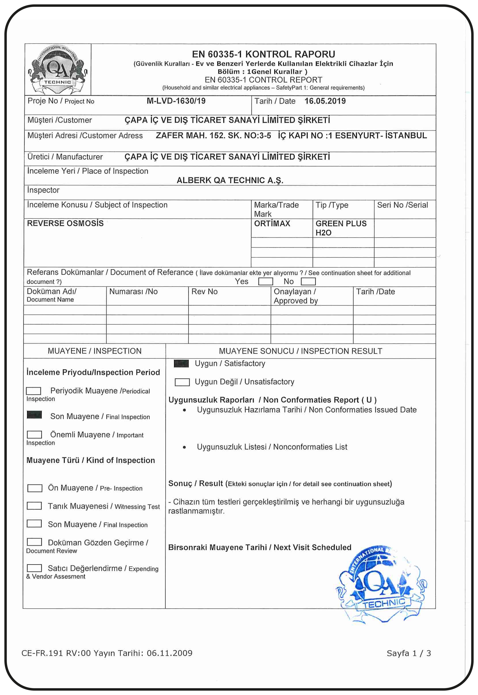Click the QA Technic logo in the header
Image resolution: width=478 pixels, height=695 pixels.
(x=58, y=70)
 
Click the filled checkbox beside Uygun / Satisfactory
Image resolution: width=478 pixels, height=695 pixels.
(x=181, y=363)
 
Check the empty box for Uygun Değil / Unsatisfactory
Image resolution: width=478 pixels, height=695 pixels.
(x=182, y=382)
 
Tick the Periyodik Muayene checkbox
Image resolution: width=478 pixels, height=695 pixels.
(x=34, y=391)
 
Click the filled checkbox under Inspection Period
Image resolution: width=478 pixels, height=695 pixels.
(x=34, y=415)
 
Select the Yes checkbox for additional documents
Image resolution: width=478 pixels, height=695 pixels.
(x=265, y=281)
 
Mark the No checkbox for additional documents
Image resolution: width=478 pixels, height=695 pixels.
(x=308, y=281)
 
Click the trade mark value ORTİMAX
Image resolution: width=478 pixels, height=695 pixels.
(x=272, y=223)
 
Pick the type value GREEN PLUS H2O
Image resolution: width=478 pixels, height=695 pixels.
(x=341, y=228)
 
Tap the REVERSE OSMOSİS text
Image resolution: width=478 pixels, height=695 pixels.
(x=65, y=223)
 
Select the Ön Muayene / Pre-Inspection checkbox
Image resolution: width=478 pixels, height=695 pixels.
(x=35, y=488)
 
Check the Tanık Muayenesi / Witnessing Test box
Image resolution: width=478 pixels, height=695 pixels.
(x=34, y=506)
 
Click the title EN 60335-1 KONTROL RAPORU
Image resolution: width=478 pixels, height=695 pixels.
(x=263, y=54)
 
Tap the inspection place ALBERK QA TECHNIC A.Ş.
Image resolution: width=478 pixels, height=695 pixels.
(x=230, y=180)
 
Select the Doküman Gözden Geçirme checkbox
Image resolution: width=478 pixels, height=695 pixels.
(x=34, y=542)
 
